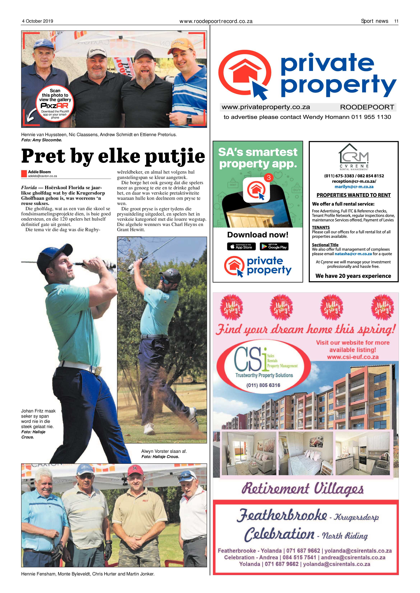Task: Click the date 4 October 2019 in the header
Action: (38, 21)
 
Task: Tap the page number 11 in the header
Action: (396, 21)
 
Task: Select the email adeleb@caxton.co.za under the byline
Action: (42, 176)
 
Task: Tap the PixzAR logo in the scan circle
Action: (55, 106)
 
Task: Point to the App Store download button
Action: (241, 246)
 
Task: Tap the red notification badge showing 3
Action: (269, 178)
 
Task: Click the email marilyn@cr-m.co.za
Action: (354, 187)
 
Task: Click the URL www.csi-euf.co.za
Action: (353, 357)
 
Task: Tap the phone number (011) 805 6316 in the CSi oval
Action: (263, 385)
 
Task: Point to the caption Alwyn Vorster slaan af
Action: (164, 451)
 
